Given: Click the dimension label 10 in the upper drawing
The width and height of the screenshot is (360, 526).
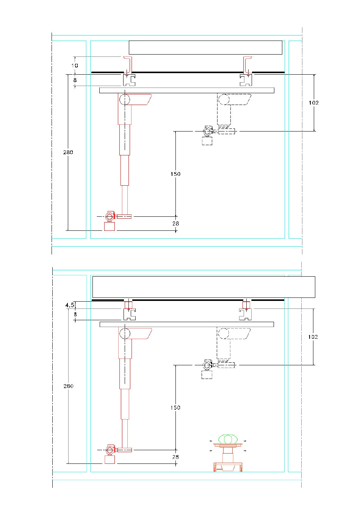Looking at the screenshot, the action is (x=75, y=66).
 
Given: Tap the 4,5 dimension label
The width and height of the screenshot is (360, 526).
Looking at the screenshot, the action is (x=70, y=305).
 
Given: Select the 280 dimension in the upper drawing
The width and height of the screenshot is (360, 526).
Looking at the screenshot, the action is (x=68, y=152).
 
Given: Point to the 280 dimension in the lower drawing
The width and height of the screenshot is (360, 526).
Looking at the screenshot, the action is (x=68, y=386).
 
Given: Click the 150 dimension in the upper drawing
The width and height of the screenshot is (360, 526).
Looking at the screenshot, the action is (x=175, y=174).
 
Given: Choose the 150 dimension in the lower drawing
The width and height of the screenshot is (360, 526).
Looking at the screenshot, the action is (x=175, y=408).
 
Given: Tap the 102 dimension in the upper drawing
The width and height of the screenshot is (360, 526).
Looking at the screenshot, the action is (x=314, y=103).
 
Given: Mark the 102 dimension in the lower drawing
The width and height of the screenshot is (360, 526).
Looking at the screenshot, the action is (x=313, y=337).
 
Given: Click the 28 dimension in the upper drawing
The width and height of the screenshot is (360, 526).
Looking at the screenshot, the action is (x=176, y=224).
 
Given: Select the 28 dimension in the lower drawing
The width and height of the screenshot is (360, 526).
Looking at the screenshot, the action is (x=175, y=457).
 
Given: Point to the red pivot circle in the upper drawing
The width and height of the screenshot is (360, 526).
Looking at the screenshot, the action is (x=125, y=99).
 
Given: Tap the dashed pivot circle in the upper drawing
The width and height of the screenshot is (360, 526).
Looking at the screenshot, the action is (x=224, y=99).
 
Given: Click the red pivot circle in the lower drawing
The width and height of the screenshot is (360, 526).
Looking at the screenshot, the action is (x=125, y=333).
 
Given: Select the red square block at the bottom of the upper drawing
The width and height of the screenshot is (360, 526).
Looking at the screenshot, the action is (x=110, y=226).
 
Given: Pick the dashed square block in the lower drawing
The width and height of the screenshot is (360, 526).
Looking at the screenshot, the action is (x=207, y=374).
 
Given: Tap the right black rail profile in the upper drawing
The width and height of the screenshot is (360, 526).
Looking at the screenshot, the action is (x=246, y=80).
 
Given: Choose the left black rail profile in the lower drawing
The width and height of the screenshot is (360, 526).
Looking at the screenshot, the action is (x=130, y=315).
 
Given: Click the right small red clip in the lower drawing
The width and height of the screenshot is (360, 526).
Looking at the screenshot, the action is (x=246, y=305).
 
